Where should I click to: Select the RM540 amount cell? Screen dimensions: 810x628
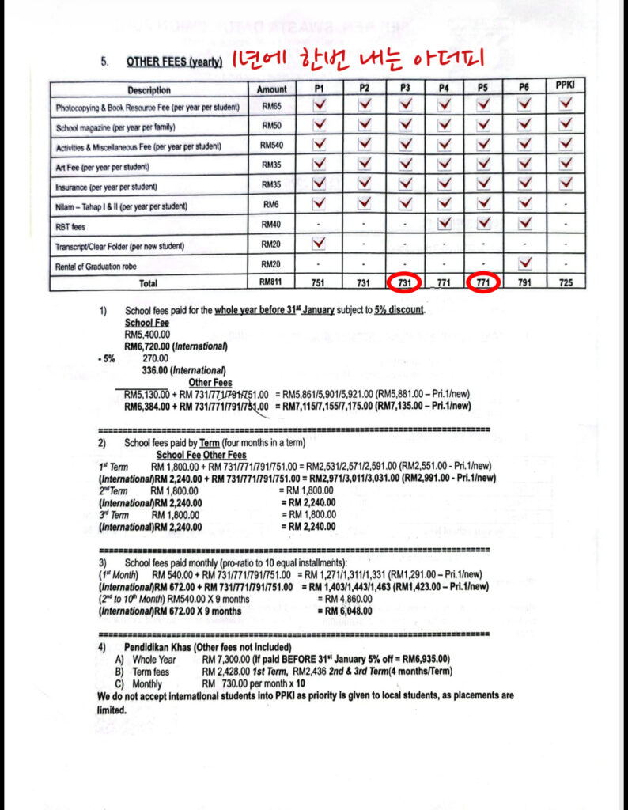click(271, 146)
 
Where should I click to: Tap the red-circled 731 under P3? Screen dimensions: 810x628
click(404, 283)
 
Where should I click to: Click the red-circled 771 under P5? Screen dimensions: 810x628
click(482, 283)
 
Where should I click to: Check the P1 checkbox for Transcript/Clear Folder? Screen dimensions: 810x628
click(320, 244)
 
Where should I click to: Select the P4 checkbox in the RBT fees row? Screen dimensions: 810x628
click(445, 224)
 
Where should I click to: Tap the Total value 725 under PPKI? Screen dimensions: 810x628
click(565, 283)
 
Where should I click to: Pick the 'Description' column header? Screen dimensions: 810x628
click(149, 89)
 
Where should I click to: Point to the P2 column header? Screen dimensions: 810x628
click(363, 88)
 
